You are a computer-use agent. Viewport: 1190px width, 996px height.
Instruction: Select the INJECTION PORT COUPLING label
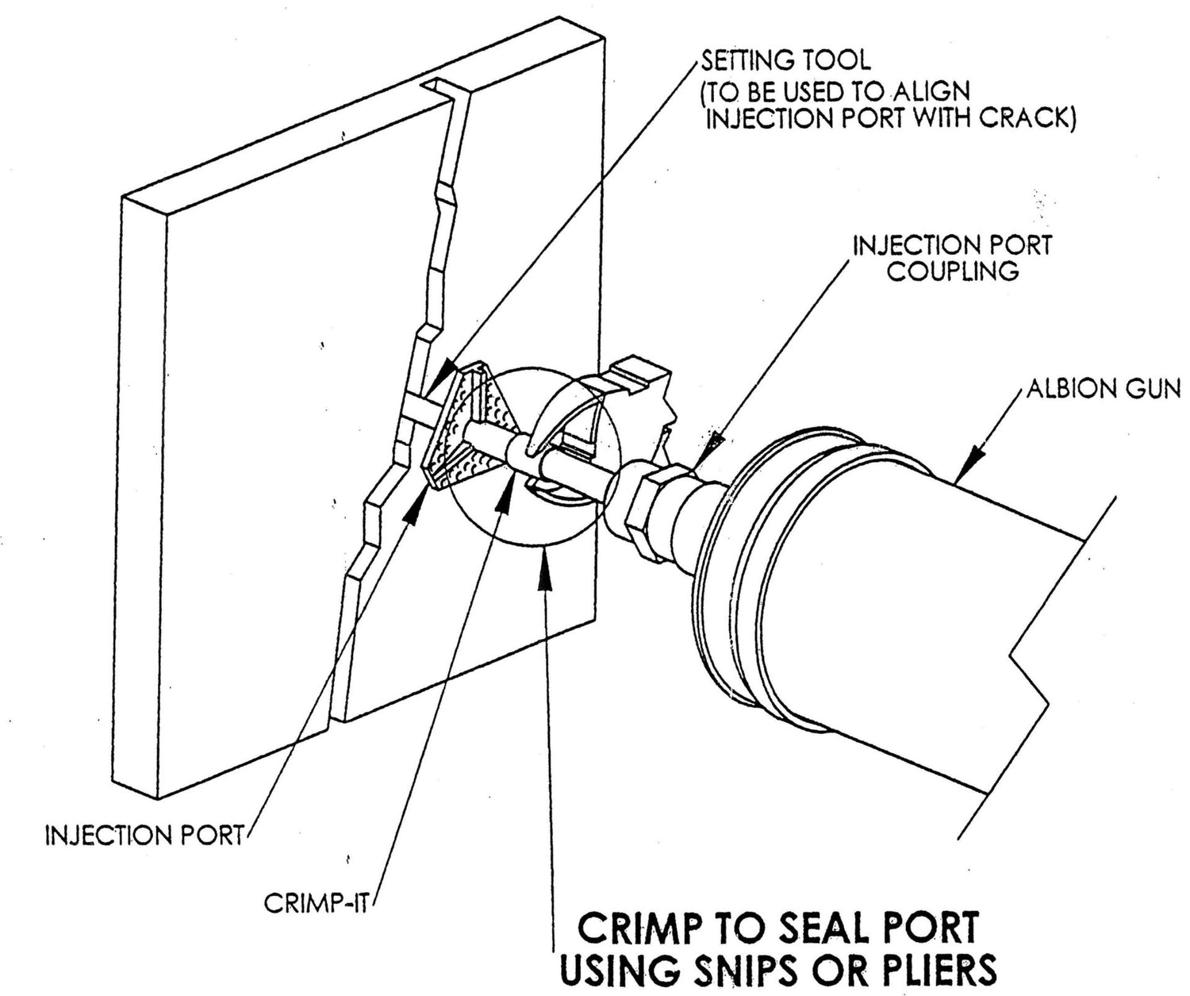click(x=951, y=257)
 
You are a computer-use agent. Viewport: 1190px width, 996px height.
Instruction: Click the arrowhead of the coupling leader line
click(x=712, y=441)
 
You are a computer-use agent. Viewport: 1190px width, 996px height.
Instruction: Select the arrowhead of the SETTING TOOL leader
click(x=443, y=371)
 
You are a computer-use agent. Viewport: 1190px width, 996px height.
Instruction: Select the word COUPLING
click(x=952, y=271)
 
